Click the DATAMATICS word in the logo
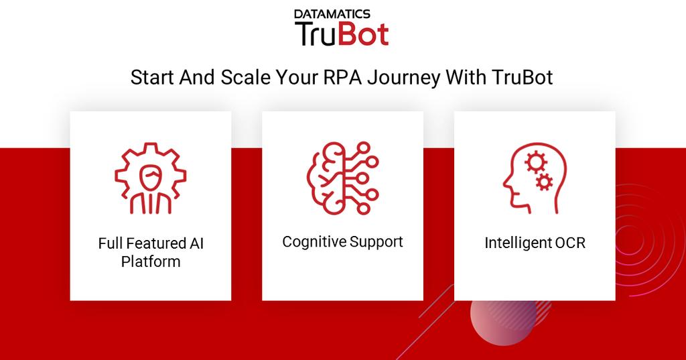point(342,12)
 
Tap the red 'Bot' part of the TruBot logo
point(363,34)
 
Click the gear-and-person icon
point(150,179)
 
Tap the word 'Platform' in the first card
point(151,261)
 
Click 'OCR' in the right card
point(570,243)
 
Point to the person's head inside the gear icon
point(150,177)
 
